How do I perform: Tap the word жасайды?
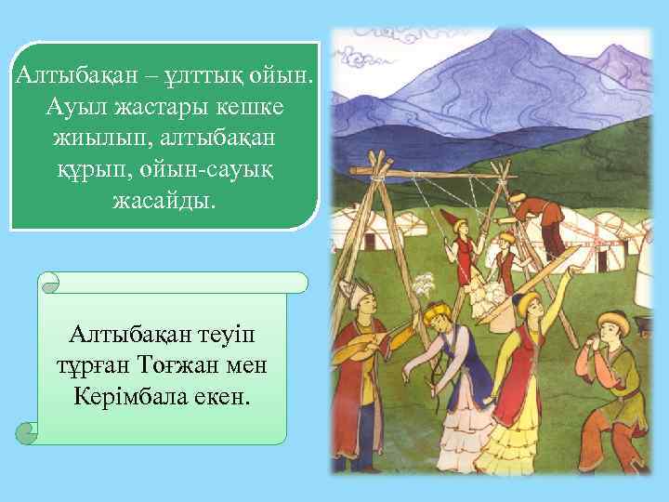pyautogui.click(x=164, y=202)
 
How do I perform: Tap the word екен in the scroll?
pyautogui.click(x=224, y=396)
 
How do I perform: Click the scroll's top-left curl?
pyautogui.click(x=52, y=278)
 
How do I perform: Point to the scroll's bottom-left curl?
pyautogui.click(x=29, y=431)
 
